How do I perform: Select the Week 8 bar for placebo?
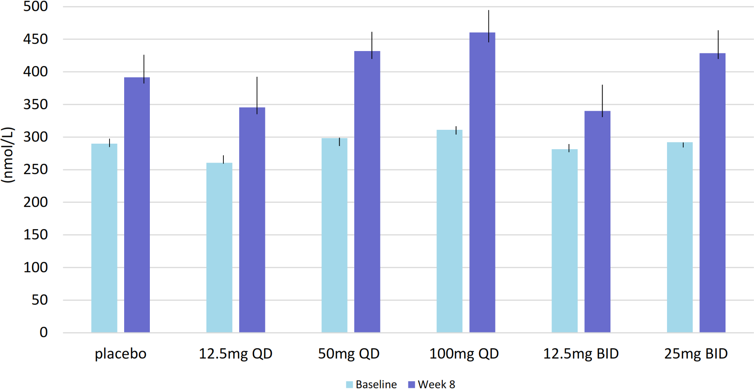pyautogui.click(x=137, y=205)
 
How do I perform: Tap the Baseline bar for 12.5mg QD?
pyautogui.click(x=219, y=247)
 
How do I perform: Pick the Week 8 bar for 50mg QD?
pyautogui.click(x=367, y=192)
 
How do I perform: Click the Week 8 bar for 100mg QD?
pyautogui.click(x=482, y=182)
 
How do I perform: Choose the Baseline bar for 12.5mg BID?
pyautogui.click(x=564, y=241)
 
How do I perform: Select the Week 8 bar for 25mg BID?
pyautogui.click(x=712, y=193)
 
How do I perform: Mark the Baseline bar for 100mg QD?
pyautogui.click(x=449, y=231)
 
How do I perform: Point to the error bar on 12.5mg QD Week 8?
pyautogui.click(x=257, y=95)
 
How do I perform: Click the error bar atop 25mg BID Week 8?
pyautogui.click(x=718, y=44)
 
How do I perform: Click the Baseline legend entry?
pyautogui.click(x=371, y=384)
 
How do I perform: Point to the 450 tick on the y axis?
pyautogui.click(x=36, y=39)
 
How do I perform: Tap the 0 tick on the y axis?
pyautogui.click(x=43, y=332)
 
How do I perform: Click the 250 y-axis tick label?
pyautogui.click(x=36, y=169)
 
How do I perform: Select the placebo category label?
pyautogui.click(x=121, y=353)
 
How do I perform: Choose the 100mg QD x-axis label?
pyautogui.click(x=464, y=353)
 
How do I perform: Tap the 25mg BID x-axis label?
pyautogui.click(x=695, y=353)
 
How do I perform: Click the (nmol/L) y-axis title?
pyautogui.click(x=8, y=155)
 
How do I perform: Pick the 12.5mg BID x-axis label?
pyautogui.click(x=580, y=353)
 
